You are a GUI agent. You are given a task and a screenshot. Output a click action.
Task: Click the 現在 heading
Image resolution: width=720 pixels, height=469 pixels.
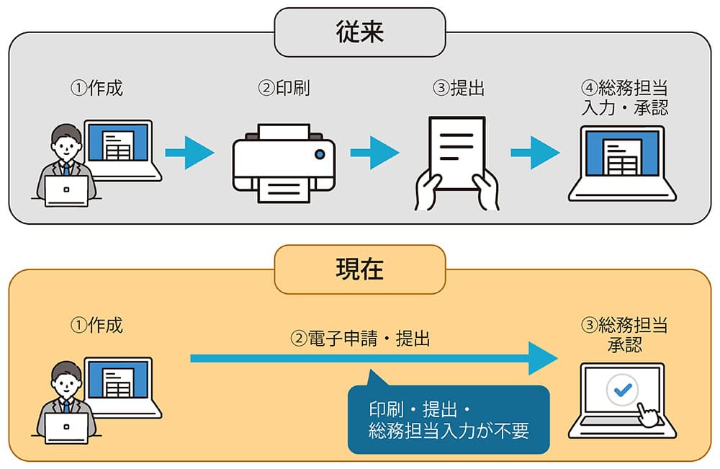click(x=359, y=269)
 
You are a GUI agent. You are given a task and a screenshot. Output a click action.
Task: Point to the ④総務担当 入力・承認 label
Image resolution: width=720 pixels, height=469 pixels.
click(x=624, y=98)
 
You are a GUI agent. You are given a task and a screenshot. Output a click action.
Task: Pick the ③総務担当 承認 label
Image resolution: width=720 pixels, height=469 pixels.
click(x=624, y=335)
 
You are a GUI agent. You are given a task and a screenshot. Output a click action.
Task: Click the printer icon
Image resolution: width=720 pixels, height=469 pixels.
click(x=284, y=164)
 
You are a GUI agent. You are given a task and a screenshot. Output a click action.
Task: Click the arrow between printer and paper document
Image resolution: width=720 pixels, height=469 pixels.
click(x=374, y=153)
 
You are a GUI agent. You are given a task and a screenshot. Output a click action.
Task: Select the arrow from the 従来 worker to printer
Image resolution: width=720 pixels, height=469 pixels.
click(x=189, y=153)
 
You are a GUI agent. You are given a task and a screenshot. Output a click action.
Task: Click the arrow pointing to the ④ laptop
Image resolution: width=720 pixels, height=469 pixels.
click(x=535, y=153)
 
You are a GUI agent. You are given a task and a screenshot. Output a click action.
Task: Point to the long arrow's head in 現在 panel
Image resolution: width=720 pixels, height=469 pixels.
click(x=544, y=358)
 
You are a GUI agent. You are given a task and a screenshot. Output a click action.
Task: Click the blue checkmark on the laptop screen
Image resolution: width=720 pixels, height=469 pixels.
click(x=621, y=390)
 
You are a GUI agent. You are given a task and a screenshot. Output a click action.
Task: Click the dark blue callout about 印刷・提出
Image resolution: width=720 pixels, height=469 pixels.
click(x=448, y=420)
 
